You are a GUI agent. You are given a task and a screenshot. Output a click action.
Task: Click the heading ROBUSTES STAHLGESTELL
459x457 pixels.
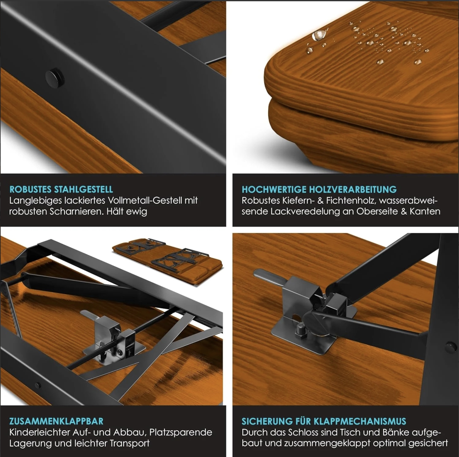(61, 189)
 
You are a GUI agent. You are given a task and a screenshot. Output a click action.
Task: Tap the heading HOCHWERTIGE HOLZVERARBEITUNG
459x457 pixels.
(319, 189)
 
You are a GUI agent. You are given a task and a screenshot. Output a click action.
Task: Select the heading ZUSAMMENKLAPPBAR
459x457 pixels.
(56, 421)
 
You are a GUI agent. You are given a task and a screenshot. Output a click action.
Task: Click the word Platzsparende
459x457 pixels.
(181, 433)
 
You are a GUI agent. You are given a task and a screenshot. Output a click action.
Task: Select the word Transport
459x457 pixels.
(129, 444)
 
